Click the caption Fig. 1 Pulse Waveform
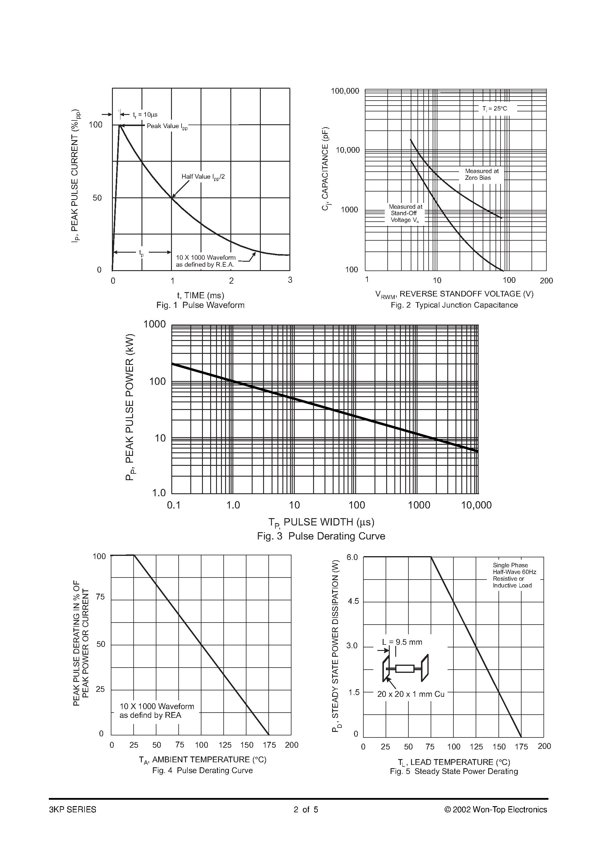tap(200, 305)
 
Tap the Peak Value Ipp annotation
tap(167, 126)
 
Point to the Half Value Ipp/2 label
tap(203, 177)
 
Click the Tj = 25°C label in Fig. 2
tap(495, 109)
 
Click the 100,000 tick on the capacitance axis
tap(345, 91)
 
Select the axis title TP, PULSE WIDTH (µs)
tap(321, 523)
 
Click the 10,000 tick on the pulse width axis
tap(476, 505)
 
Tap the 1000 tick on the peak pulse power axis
tap(155, 324)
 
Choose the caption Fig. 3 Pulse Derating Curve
tap(321, 536)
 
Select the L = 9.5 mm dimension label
tap(402, 642)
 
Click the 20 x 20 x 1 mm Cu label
tap(410, 694)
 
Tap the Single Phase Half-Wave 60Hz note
tap(514, 575)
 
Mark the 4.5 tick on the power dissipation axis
tap(353, 602)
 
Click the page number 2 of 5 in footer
tap(306, 810)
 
